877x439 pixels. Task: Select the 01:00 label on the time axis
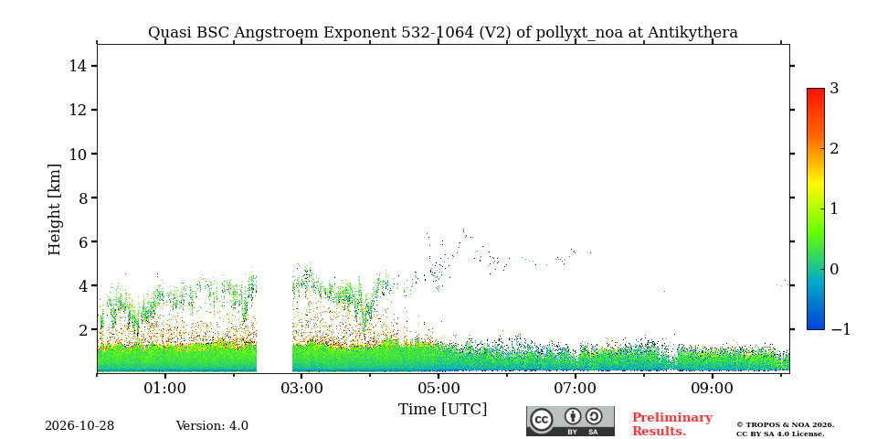point(165,388)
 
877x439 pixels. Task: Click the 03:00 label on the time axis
point(302,388)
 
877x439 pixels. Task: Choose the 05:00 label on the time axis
point(438,388)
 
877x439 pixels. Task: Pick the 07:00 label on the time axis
point(576,388)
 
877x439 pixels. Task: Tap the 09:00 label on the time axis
point(712,388)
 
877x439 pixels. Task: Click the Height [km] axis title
point(54,209)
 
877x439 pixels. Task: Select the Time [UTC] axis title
point(442,410)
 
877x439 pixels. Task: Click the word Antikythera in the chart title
point(692,33)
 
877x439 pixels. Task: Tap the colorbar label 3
point(834,89)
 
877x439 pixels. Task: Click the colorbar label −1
point(840,329)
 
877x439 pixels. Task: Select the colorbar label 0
point(834,269)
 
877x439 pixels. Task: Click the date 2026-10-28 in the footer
point(79,426)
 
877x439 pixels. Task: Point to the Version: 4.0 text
point(212,426)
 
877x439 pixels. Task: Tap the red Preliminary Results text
point(672,424)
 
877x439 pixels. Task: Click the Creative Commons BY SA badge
point(570,421)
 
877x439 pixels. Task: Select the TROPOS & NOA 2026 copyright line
point(786,425)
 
